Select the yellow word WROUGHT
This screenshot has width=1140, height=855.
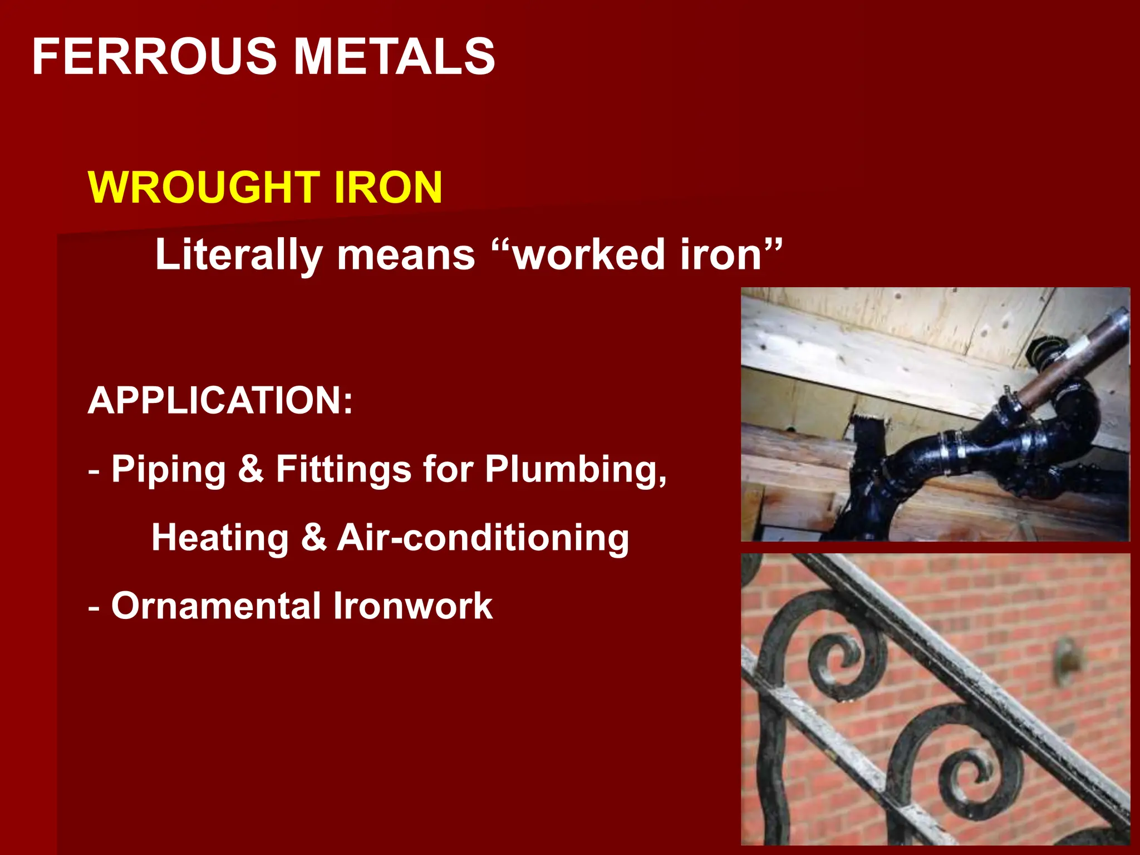click(204, 188)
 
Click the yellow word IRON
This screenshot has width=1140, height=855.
click(388, 188)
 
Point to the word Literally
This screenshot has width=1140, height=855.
click(238, 255)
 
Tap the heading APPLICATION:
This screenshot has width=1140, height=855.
click(220, 400)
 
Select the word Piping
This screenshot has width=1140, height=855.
click(169, 469)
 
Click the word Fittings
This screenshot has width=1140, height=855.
click(343, 469)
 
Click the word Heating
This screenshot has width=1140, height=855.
click(220, 538)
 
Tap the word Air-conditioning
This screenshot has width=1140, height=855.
click(483, 538)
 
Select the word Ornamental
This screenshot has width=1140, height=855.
click(216, 606)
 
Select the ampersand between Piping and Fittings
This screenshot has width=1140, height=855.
click(250, 469)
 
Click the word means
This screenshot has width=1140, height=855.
click(406, 255)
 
